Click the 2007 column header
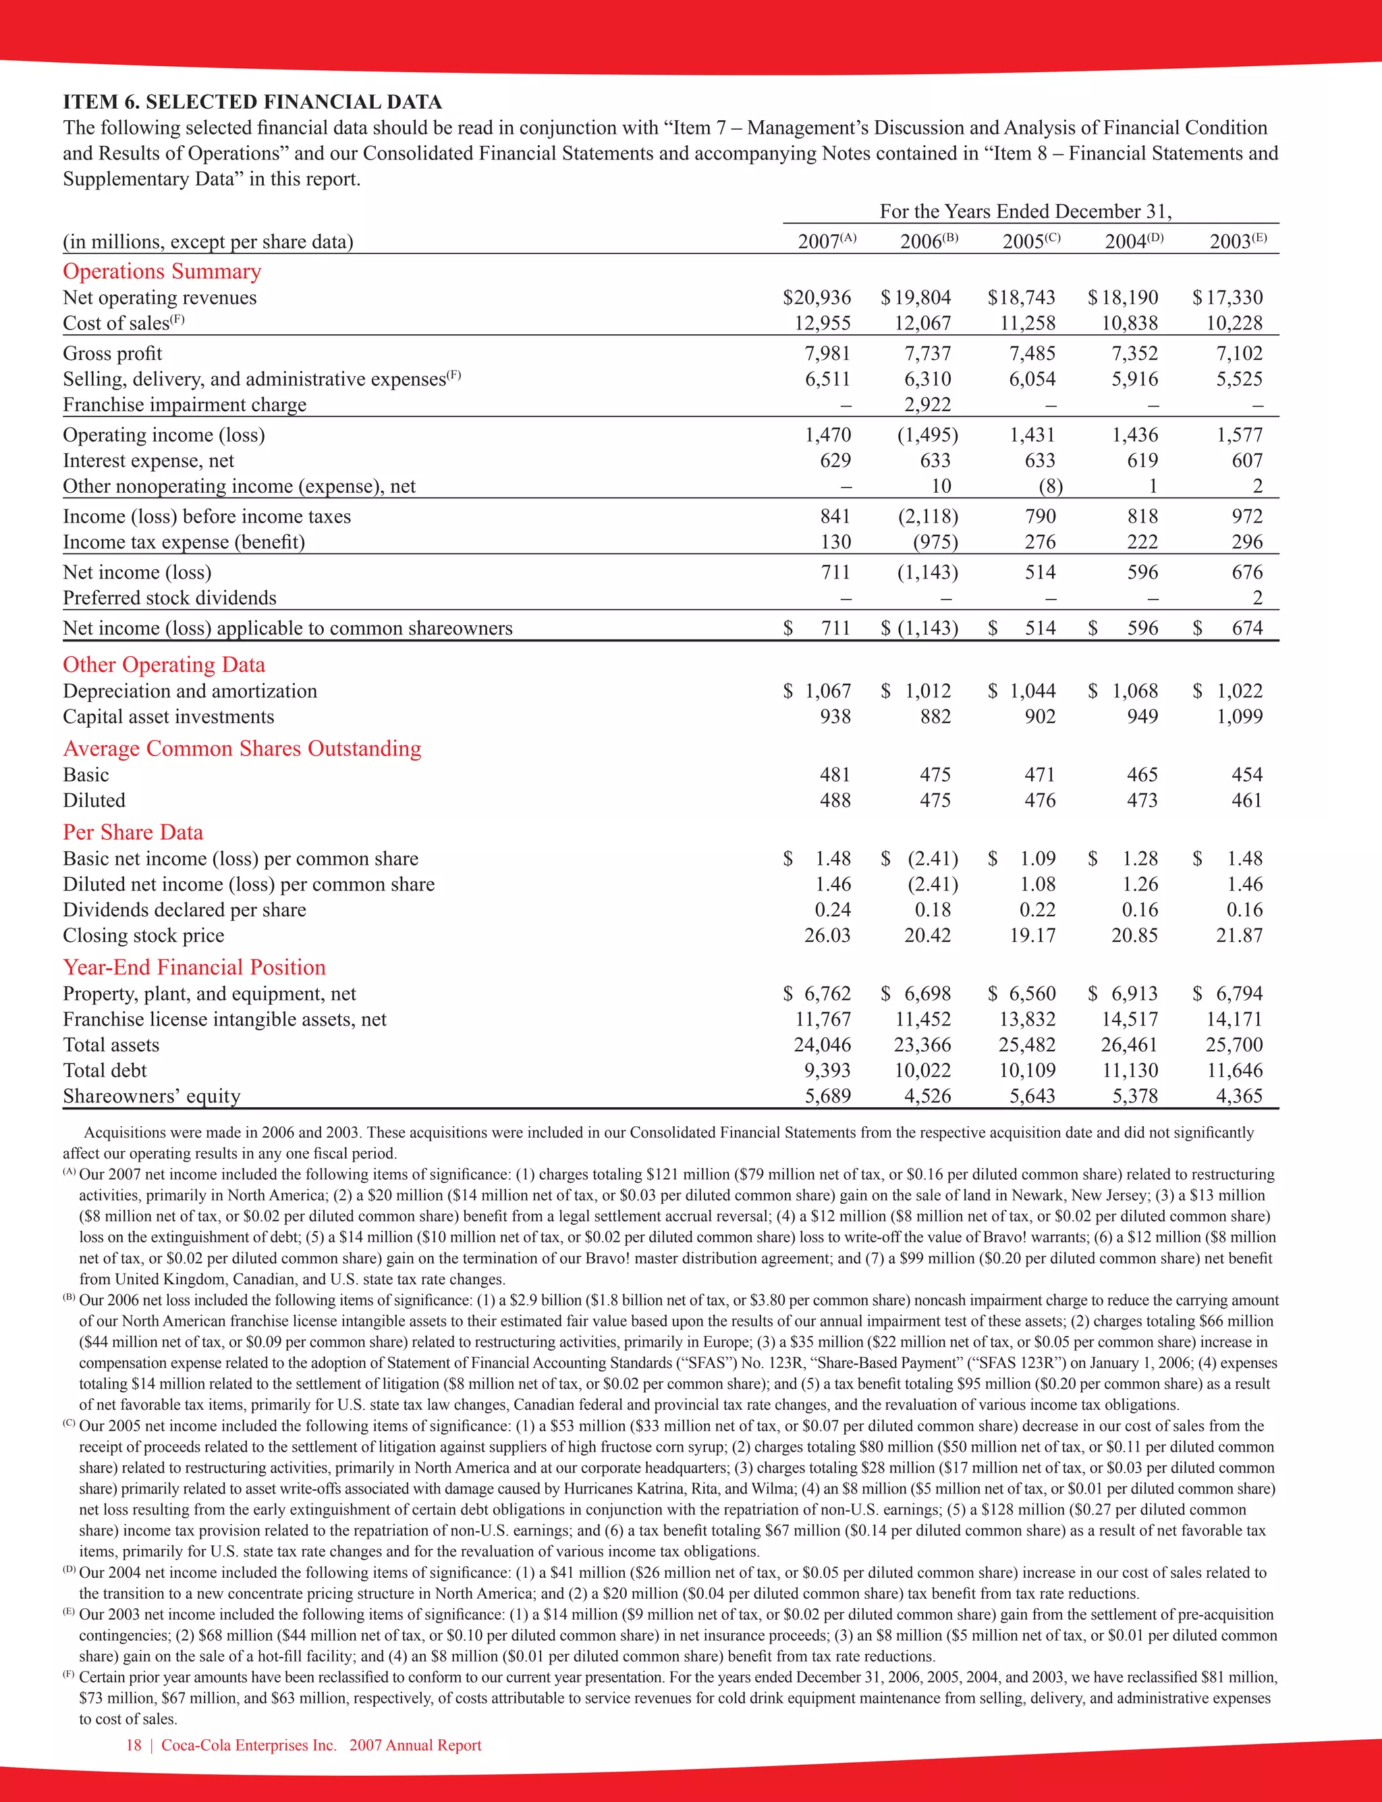click(x=825, y=241)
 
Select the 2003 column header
click(x=1236, y=241)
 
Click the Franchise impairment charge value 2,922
click(x=927, y=405)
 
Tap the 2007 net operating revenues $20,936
click(x=817, y=297)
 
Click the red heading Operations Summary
click(x=162, y=271)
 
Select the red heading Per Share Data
click(x=132, y=832)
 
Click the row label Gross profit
click(x=113, y=353)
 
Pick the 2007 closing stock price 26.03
click(x=827, y=936)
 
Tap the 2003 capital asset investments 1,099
click(x=1239, y=717)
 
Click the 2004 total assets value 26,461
click(x=1130, y=1045)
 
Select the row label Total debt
click(x=105, y=1071)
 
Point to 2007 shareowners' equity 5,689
click(x=827, y=1096)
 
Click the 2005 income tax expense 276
click(x=1040, y=542)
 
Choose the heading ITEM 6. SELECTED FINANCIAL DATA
click(x=252, y=102)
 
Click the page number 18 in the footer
click(x=133, y=1745)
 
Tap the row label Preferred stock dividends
click(x=169, y=598)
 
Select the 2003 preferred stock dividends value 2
click(x=1257, y=598)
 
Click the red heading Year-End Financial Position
click(x=194, y=967)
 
